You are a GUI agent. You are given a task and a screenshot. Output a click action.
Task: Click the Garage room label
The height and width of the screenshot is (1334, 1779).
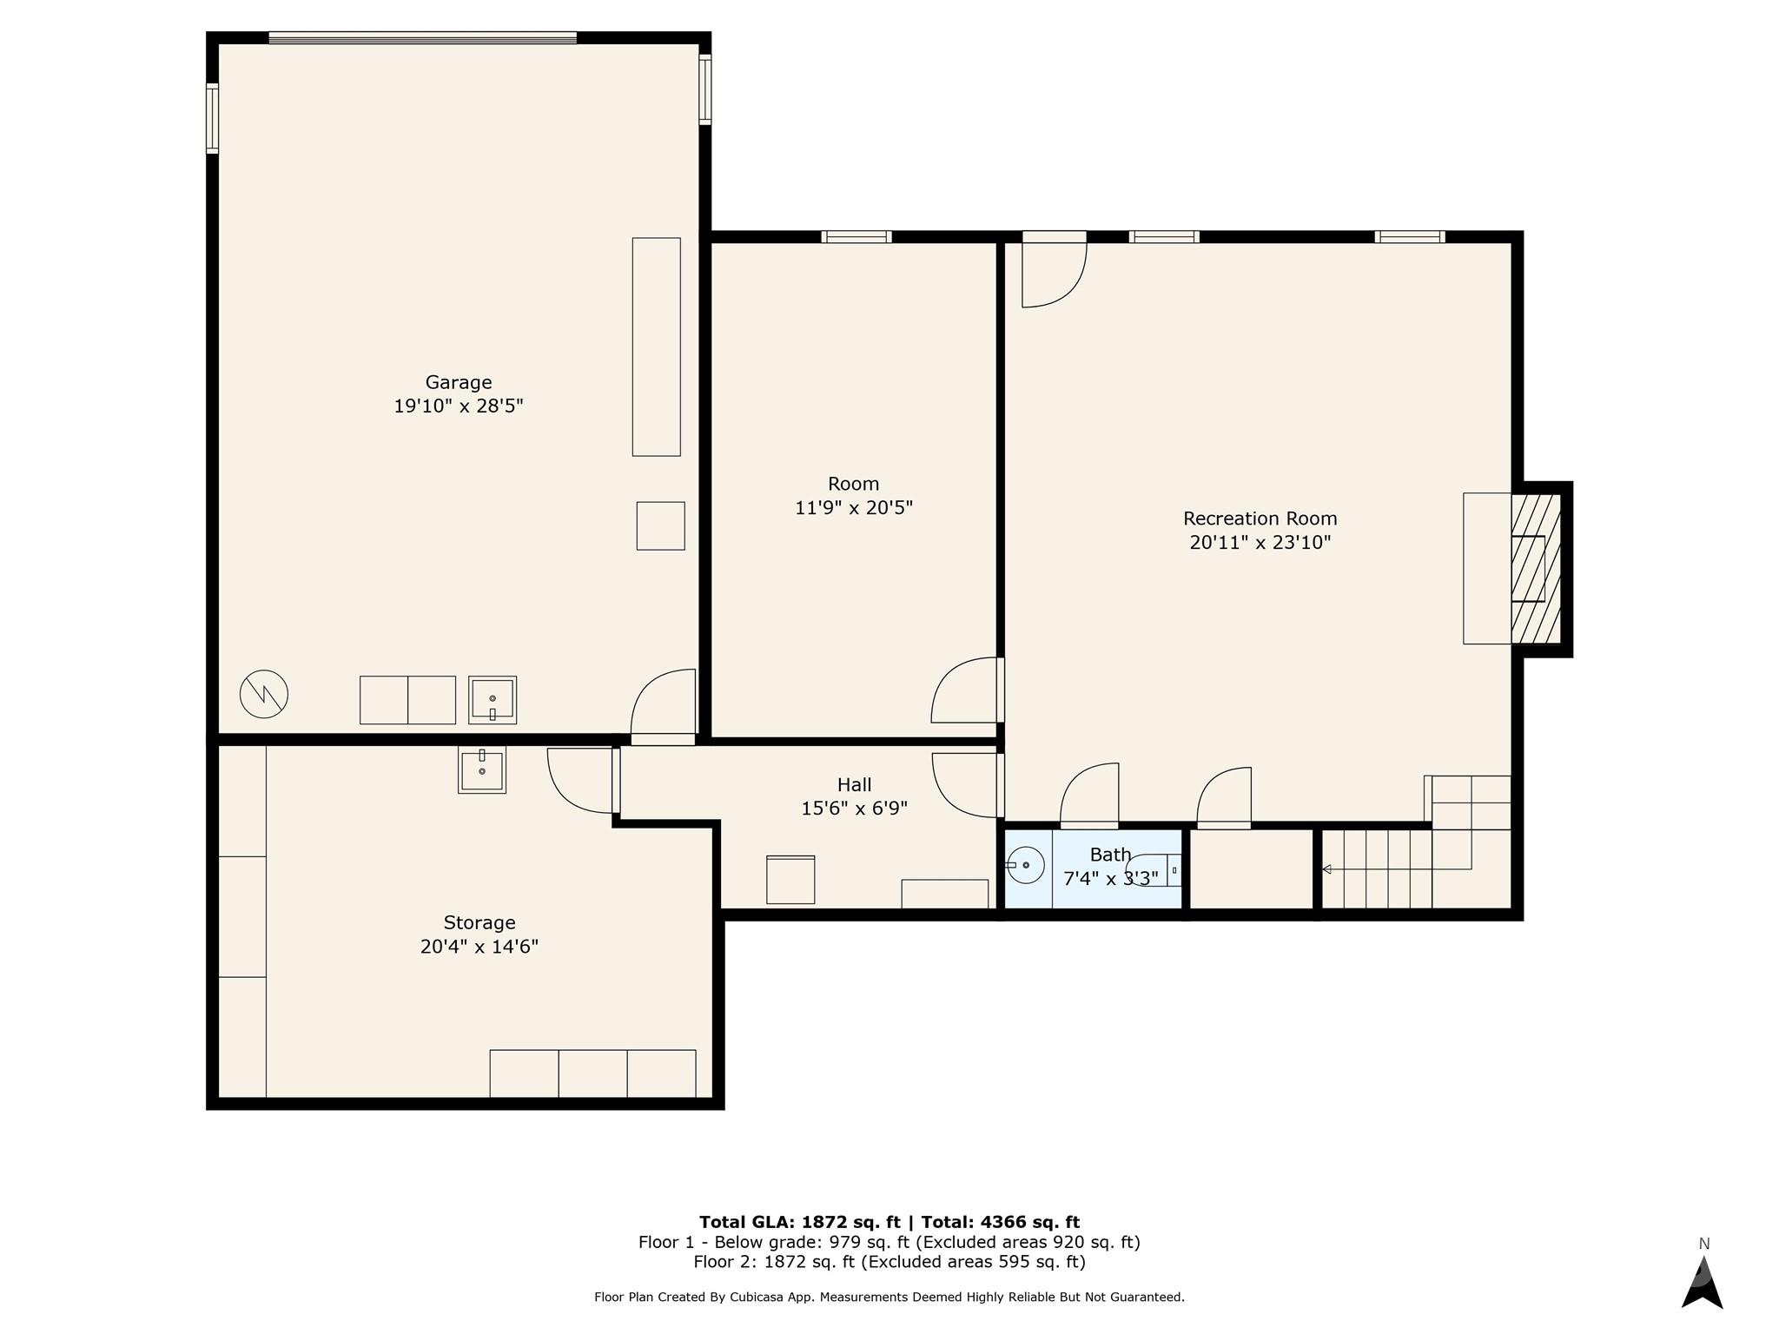click(458, 382)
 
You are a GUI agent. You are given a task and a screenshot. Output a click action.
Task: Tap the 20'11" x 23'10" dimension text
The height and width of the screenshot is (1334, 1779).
click(1260, 543)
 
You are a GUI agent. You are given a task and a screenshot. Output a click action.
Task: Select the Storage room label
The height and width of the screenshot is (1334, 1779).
click(479, 922)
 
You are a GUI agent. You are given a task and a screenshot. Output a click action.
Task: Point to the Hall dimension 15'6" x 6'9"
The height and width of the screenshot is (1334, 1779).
click(854, 809)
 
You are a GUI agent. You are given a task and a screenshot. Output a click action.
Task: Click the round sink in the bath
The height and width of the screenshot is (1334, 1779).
click(1026, 865)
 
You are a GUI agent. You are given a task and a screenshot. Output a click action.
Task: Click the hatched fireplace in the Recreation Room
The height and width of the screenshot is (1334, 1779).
click(1535, 569)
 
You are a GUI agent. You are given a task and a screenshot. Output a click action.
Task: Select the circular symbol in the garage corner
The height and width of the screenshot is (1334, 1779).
click(264, 694)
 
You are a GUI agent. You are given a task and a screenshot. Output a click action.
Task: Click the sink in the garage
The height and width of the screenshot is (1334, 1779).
click(493, 700)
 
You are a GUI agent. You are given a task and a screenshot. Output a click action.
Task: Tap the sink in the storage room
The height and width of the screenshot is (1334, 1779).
click(482, 769)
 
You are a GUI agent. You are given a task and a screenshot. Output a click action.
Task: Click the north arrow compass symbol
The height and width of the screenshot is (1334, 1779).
click(1702, 1282)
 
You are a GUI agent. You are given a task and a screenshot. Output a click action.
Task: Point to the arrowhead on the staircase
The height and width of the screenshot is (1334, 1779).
click(1326, 868)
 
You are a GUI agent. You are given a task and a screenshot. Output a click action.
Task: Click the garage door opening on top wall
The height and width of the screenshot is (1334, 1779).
click(422, 37)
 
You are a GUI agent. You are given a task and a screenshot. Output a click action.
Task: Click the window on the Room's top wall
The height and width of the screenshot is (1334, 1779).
click(856, 236)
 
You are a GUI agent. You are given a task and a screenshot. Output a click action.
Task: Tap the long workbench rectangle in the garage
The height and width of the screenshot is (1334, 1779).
click(656, 347)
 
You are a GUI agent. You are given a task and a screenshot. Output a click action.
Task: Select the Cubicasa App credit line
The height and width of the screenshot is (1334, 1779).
click(889, 1297)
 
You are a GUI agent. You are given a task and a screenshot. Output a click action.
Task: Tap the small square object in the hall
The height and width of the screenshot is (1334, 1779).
click(790, 880)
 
